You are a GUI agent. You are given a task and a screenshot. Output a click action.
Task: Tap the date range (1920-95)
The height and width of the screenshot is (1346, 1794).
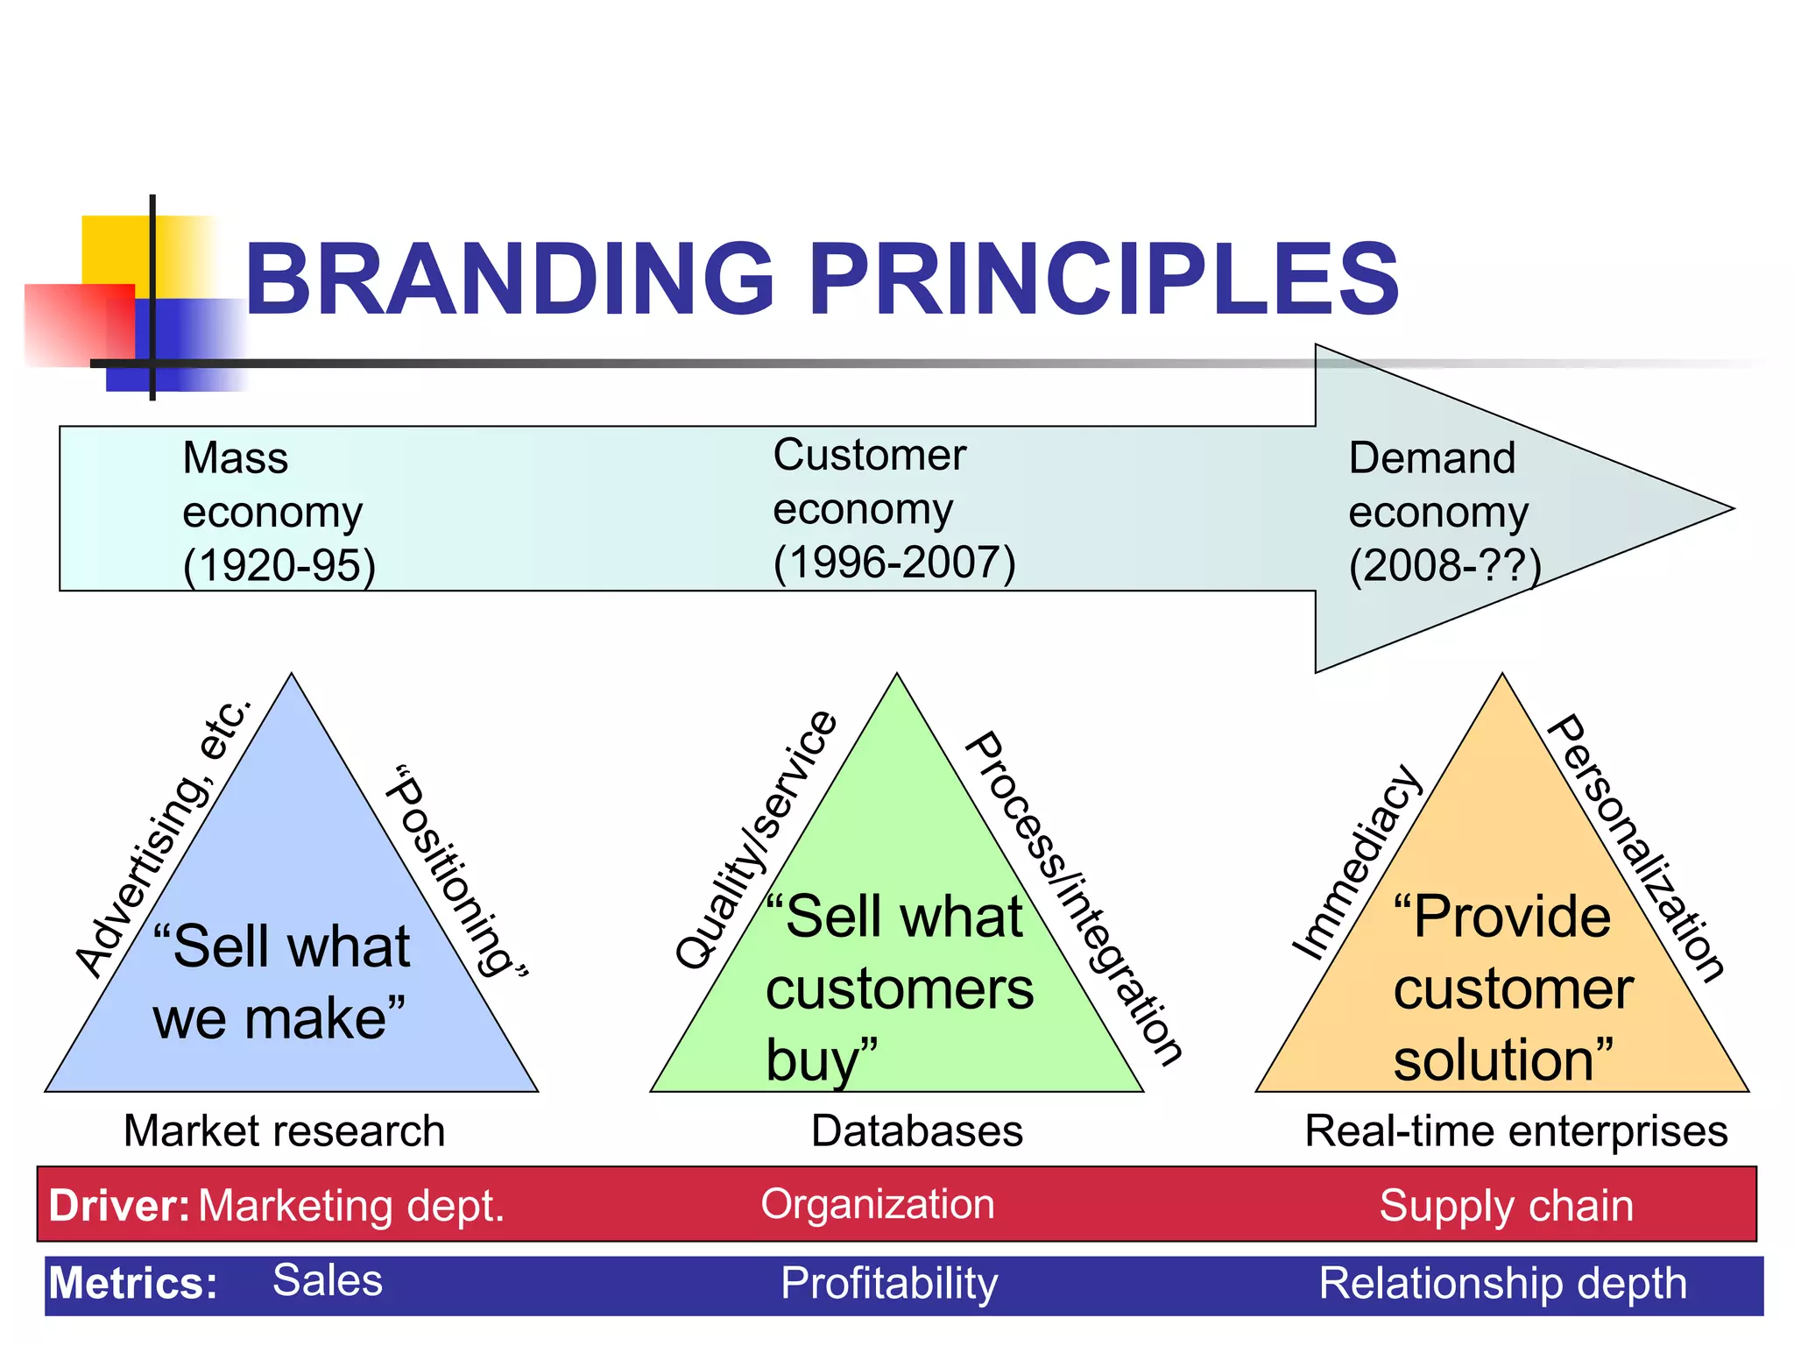click(x=279, y=565)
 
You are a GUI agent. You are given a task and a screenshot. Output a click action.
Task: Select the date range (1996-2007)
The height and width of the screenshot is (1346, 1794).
click(x=893, y=563)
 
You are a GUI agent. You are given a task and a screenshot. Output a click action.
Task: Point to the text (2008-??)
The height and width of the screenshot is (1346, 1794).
click(x=1444, y=565)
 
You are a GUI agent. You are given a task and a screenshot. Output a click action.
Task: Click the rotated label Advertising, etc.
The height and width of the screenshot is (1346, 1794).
click(x=164, y=837)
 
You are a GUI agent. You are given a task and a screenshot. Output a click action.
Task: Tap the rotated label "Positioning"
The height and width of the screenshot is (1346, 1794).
click(x=458, y=872)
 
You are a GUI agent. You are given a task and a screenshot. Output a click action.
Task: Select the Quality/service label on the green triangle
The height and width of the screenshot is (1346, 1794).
click(x=756, y=839)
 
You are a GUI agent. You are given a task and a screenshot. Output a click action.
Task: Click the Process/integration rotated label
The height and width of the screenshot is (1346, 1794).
click(x=1074, y=897)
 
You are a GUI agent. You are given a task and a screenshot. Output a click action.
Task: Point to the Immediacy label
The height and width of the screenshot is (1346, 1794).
click(x=1357, y=862)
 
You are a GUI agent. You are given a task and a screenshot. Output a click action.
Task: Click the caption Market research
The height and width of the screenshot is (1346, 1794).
click(x=284, y=1131)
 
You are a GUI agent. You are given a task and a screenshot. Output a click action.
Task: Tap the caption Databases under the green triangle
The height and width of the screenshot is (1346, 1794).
click(x=916, y=1131)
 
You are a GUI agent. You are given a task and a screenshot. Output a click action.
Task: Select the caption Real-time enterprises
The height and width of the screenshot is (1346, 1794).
click(x=1515, y=1131)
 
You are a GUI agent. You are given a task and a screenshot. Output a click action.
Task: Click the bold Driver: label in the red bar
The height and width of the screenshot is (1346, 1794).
click(x=118, y=1206)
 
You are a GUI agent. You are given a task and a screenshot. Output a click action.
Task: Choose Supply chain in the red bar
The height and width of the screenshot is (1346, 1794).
click(x=1506, y=1206)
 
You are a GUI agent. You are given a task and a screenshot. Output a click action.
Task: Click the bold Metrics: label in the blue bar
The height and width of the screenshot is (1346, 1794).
click(x=132, y=1284)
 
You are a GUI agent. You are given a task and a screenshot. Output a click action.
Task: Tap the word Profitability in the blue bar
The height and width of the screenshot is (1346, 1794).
click(x=888, y=1284)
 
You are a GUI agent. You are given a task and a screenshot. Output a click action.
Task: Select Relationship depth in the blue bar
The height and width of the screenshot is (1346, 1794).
click(x=1502, y=1284)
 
